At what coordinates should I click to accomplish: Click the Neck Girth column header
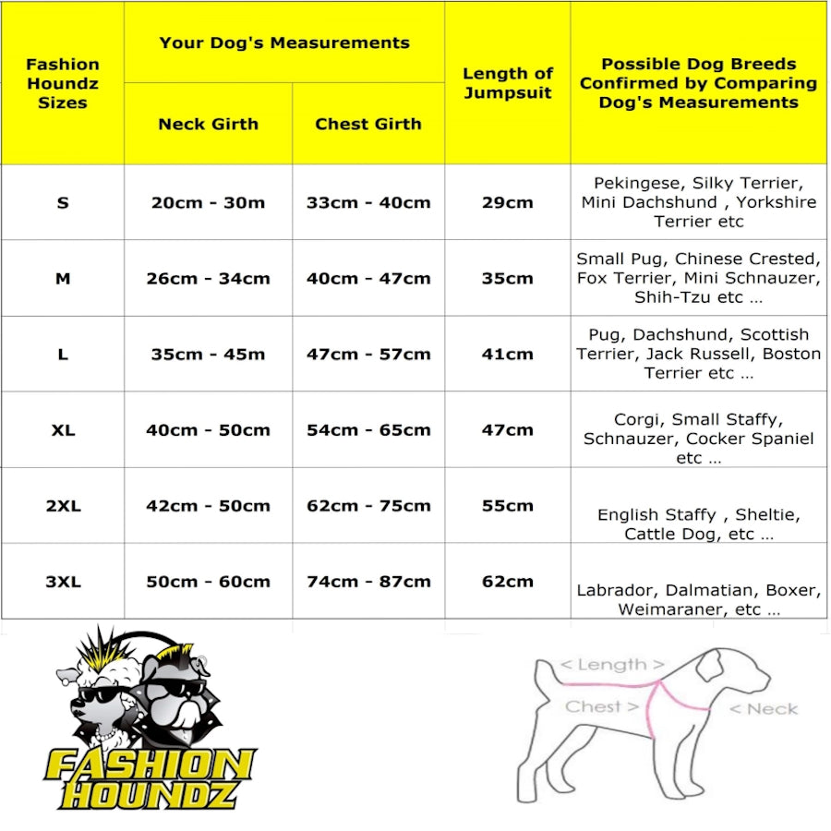click(208, 124)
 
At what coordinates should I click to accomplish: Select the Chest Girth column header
click(367, 124)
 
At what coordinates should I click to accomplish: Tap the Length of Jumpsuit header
click(507, 82)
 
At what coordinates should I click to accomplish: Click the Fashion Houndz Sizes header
click(62, 83)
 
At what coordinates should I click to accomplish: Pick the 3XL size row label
click(62, 582)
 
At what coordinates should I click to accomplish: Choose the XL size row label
click(62, 430)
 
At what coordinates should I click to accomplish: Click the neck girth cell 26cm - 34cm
click(208, 279)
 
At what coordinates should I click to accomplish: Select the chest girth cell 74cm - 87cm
click(367, 582)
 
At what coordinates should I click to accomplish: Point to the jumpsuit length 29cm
click(507, 203)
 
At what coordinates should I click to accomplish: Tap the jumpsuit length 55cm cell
click(507, 506)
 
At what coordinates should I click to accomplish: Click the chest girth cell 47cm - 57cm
click(367, 355)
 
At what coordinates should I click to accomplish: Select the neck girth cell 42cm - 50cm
click(208, 506)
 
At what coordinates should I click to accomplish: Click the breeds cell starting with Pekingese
click(698, 202)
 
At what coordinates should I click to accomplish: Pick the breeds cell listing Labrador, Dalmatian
click(698, 599)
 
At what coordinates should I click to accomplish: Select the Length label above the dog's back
click(612, 665)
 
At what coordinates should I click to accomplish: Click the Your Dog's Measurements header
click(283, 42)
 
